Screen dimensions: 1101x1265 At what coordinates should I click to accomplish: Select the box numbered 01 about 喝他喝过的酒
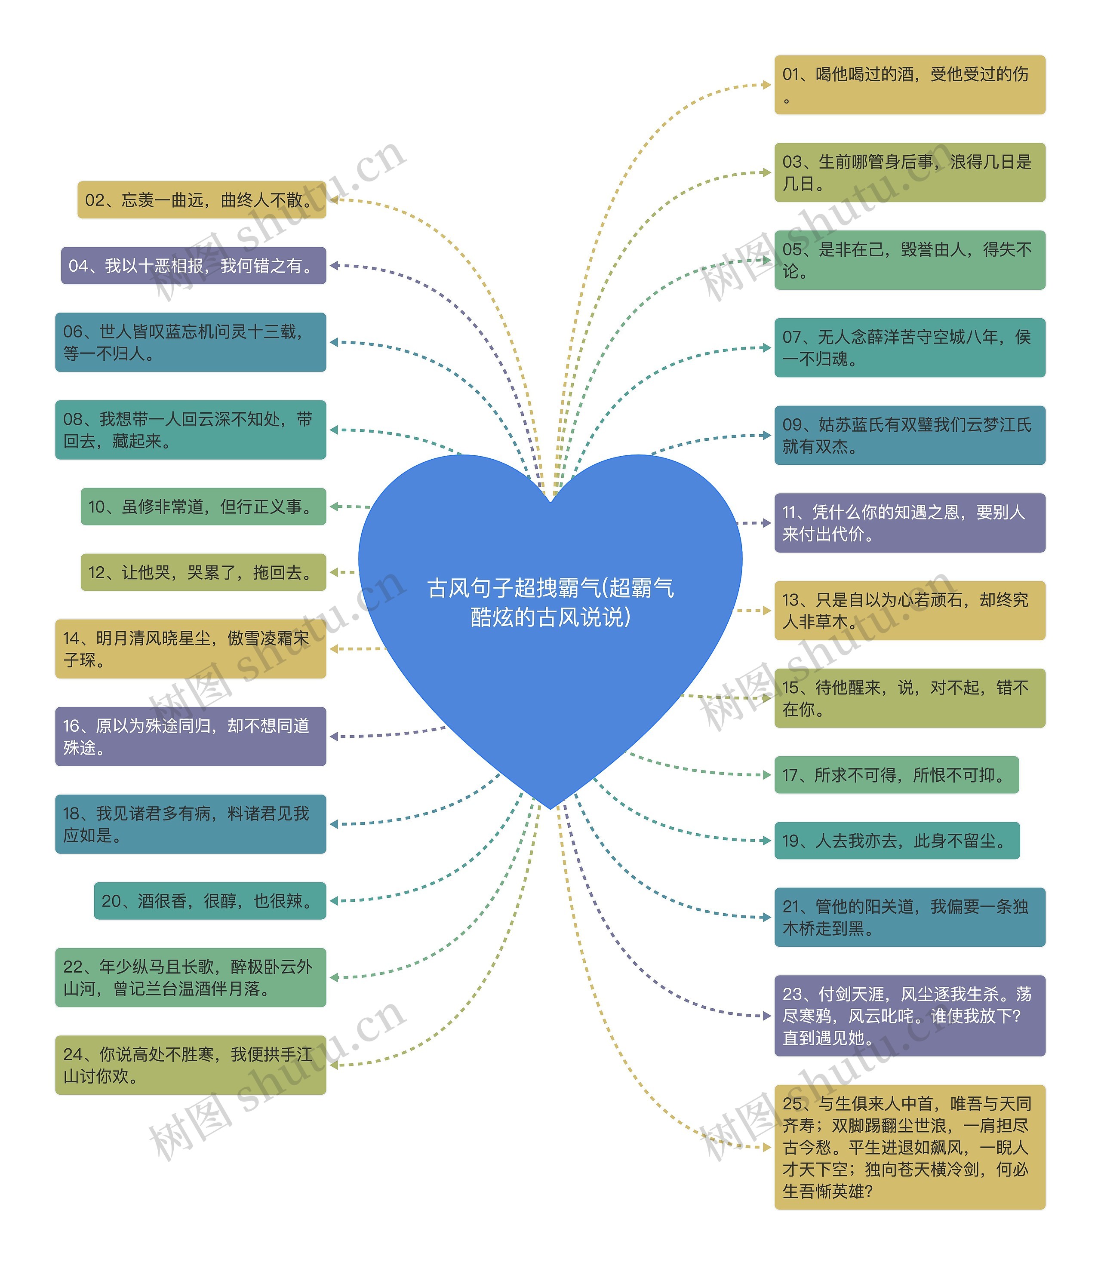click(909, 85)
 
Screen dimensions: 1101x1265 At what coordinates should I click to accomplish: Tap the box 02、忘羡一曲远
click(202, 200)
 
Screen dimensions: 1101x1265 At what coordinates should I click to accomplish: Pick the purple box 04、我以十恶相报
click(193, 265)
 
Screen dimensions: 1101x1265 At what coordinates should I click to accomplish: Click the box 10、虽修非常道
click(203, 506)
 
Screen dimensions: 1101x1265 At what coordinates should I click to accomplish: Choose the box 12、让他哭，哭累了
click(203, 572)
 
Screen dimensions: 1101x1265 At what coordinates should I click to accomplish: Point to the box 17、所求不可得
click(896, 775)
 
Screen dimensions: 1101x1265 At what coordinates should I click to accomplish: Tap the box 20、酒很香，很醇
click(209, 901)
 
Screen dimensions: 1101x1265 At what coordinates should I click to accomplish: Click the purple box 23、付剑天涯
click(909, 1016)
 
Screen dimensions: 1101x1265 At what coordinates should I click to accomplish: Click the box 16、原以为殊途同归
click(191, 736)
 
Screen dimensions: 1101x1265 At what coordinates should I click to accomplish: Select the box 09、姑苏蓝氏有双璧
click(909, 435)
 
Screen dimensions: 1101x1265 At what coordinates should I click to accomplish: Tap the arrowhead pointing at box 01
click(767, 85)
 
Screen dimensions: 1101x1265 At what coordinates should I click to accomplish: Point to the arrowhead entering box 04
click(334, 265)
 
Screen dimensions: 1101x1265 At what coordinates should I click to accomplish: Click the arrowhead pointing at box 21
click(767, 917)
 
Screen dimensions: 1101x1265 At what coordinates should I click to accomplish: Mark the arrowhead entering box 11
click(767, 523)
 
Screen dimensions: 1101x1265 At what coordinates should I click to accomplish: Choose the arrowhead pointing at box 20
click(334, 901)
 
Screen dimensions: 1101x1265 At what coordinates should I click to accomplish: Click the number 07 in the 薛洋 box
click(791, 337)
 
